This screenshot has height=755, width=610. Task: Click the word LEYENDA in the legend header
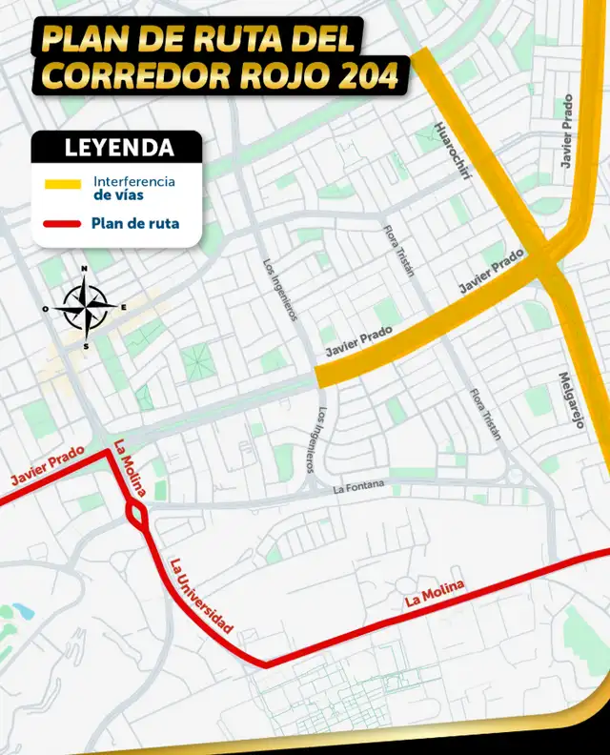pos(118,148)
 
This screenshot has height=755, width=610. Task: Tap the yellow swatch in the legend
pos(64,184)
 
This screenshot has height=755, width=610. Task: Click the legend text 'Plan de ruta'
pos(135,225)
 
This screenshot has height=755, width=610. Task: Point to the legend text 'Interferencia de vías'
pos(133,187)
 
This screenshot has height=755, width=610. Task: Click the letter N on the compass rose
pos(85,270)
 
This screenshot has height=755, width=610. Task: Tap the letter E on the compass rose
pos(125,307)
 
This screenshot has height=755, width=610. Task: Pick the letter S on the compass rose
pos(86,346)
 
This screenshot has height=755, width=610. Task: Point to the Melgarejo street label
pos(570,400)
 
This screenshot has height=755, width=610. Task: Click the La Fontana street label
pos(358,487)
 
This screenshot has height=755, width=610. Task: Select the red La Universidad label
pos(201,596)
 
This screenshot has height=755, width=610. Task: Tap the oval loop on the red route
pos(136,515)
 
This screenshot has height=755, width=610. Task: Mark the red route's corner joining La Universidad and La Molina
pos(266,663)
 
